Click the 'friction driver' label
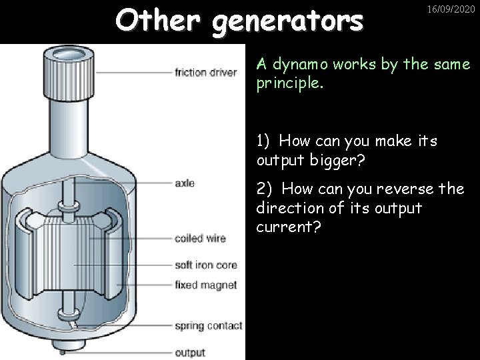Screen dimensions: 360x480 (x=206, y=73)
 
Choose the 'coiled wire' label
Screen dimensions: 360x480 (x=200, y=238)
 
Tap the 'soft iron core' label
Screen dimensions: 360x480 (x=205, y=265)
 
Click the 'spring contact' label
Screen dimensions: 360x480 (x=207, y=327)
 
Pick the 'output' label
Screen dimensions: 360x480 (x=189, y=353)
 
